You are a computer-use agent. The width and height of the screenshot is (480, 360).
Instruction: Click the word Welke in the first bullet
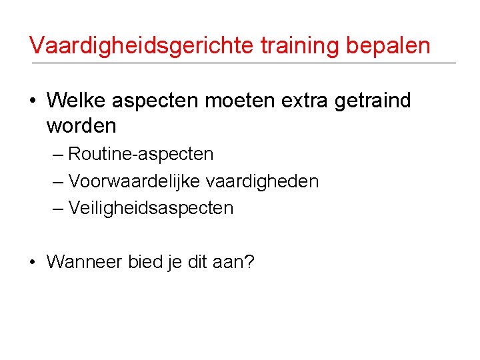pos(78,101)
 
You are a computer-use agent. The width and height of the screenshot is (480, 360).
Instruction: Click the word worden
pos(82,125)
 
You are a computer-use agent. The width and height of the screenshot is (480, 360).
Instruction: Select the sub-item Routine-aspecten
pos(141,155)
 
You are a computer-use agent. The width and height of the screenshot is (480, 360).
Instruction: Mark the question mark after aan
pos(249,262)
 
